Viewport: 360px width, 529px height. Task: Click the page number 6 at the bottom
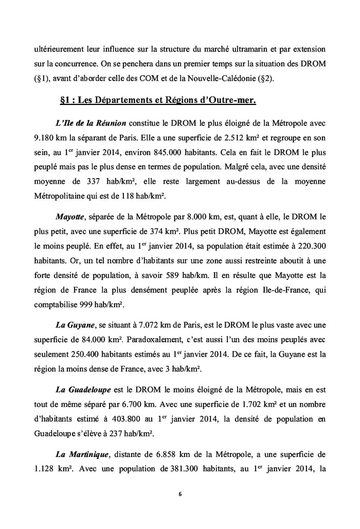click(180, 495)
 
